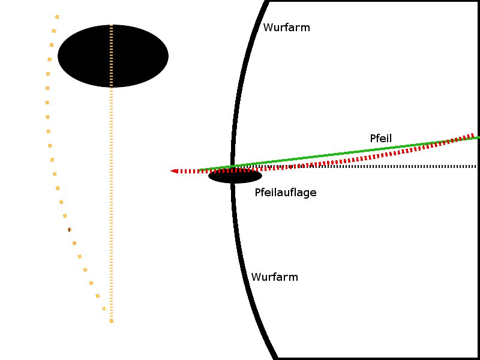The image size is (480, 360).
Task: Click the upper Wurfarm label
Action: [x=287, y=28]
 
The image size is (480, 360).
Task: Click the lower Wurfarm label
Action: [x=275, y=277]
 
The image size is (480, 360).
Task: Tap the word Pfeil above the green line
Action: [x=381, y=139]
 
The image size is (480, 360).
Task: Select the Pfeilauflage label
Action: [x=286, y=193]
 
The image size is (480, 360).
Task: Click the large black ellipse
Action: [x=113, y=56]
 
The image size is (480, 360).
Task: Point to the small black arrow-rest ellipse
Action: [x=235, y=176]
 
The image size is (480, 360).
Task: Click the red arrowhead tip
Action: [x=171, y=171]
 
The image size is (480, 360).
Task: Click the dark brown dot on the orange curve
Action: [x=70, y=230]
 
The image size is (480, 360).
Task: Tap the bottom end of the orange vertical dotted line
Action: [x=112, y=321]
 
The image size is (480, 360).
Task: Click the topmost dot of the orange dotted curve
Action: [x=57, y=17]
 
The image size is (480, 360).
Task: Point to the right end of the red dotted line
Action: [x=473, y=135]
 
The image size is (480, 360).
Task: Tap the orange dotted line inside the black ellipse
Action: [x=111, y=56]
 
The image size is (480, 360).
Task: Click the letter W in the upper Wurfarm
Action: [x=268, y=28]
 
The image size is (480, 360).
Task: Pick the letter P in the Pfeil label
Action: [x=373, y=139]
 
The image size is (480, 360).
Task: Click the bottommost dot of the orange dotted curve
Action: [x=104, y=308]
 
